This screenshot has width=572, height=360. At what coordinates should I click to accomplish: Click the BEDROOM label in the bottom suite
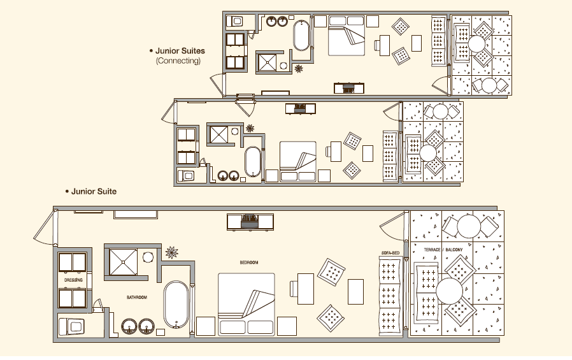(x=249, y=263)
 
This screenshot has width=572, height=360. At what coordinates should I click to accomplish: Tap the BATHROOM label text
(x=137, y=298)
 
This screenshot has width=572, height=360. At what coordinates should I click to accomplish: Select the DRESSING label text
(x=73, y=280)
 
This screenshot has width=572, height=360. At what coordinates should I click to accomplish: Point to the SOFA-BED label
(x=390, y=253)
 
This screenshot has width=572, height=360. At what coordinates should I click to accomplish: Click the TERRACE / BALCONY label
(x=443, y=250)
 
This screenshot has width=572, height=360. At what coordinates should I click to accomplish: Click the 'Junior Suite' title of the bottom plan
(x=94, y=192)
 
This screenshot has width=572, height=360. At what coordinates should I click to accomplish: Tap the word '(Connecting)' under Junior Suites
(x=178, y=61)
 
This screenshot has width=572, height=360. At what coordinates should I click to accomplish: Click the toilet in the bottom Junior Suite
(x=71, y=326)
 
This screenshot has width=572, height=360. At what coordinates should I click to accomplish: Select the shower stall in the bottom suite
(x=124, y=262)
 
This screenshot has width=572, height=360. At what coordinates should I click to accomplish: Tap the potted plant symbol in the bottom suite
(x=172, y=252)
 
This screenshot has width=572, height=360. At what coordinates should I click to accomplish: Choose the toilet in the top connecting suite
(x=234, y=21)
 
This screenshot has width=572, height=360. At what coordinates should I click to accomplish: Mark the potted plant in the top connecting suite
(x=299, y=69)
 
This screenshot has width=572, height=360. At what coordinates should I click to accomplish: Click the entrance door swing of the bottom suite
(x=44, y=228)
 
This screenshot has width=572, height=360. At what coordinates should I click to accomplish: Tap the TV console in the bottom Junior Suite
(x=250, y=222)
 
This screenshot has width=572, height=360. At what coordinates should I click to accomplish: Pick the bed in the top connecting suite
(x=347, y=36)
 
